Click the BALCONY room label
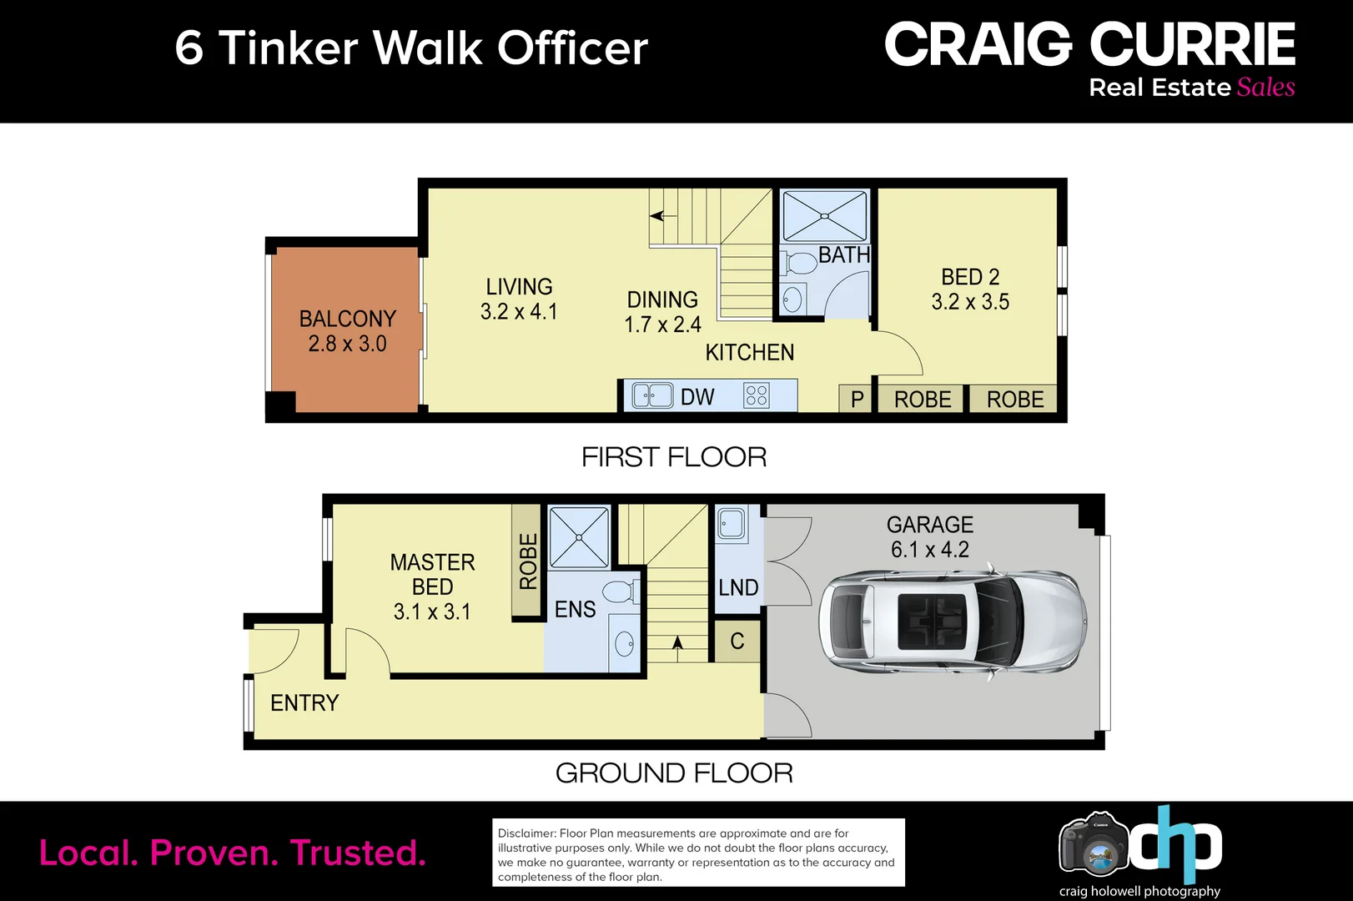point(347,319)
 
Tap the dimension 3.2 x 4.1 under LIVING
point(519,312)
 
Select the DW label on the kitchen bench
point(697,397)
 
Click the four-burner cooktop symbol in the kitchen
point(757,395)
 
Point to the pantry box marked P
point(856,399)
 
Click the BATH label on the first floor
point(844,255)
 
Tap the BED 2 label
point(970,277)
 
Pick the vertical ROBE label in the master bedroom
point(527,561)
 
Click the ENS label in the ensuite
point(575,609)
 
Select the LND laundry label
point(738,587)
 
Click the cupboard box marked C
point(737,641)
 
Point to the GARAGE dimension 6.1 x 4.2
point(929,549)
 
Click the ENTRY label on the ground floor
point(304,702)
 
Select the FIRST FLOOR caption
point(674,457)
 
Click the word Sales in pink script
point(1265,88)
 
